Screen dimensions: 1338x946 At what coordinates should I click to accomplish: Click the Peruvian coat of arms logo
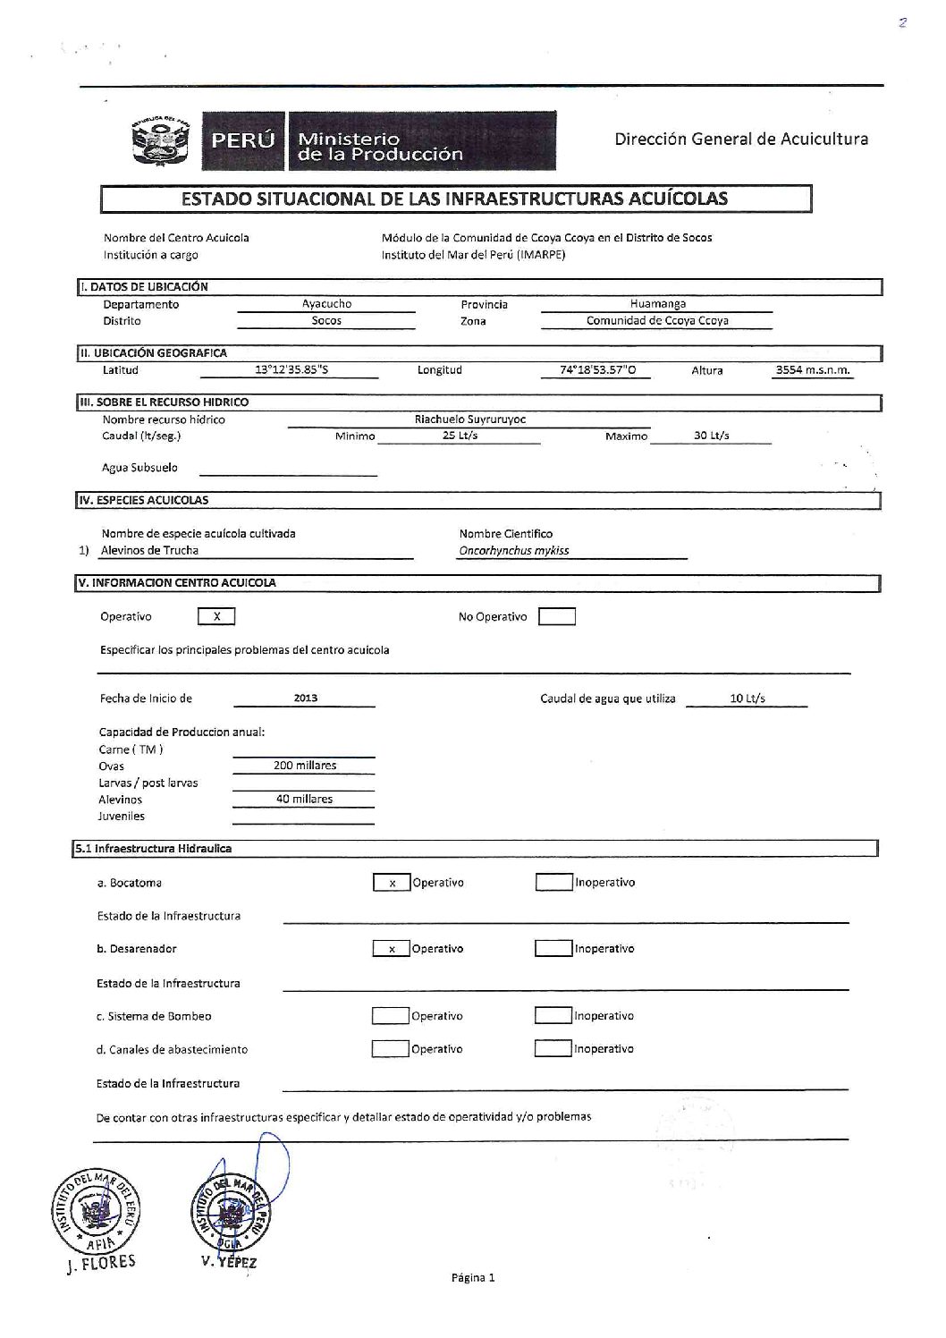coord(162,140)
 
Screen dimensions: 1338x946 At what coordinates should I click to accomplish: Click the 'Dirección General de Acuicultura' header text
coord(741,139)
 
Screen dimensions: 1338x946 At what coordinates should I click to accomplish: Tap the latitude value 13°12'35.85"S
coord(291,369)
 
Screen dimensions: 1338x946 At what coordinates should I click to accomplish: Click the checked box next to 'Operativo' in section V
coord(215,616)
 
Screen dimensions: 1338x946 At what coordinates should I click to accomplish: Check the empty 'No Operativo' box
coord(557,616)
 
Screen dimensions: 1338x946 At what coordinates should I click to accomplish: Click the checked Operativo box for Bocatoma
coord(391,883)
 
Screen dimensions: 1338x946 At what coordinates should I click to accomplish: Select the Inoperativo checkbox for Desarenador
coord(553,948)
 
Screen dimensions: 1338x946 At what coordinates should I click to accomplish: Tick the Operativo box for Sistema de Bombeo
coord(389,1016)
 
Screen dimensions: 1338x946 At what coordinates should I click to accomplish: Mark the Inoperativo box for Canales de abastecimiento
coord(553,1049)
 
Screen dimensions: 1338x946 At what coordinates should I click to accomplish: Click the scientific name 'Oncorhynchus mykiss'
coord(513,551)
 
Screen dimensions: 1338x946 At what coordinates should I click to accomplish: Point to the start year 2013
coord(305,699)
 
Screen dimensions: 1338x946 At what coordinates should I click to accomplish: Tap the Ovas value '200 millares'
coord(305,766)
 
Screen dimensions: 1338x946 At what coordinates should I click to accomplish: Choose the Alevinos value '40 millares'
coord(304,799)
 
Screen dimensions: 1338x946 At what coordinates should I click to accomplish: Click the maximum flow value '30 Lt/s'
coord(712,436)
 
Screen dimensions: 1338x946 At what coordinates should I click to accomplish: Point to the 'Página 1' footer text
coord(473,1277)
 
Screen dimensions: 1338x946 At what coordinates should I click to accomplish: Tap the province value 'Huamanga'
coord(657,304)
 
